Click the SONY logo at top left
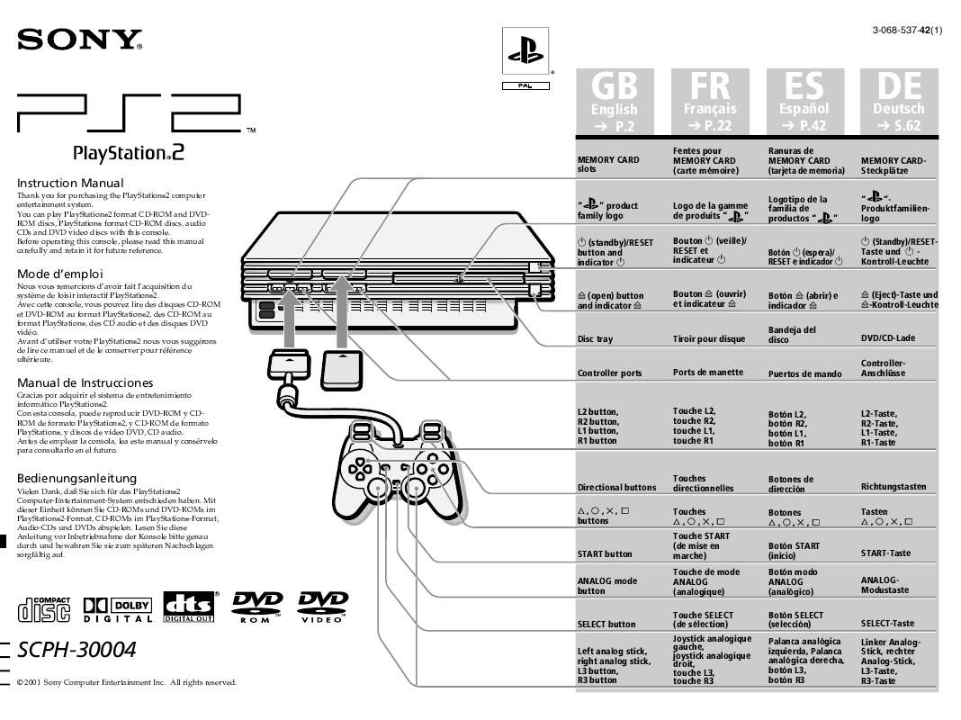pyautogui.click(x=80, y=40)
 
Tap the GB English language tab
pyautogui.click(x=614, y=102)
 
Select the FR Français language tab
pyautogui.click(x=709, y=102)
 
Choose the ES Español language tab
pyautogui.click(x=804, y=102)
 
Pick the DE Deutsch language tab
pyautogui.click(x=898, y=102)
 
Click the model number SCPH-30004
pyautogui.click(x=77, y=651)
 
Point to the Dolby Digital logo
pyautogui.click(x=118, y=609)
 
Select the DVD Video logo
pyautogui.click(x=322, y=608)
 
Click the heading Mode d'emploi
pyautogui.click(x=60, y=274)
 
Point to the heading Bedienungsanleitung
pyautogui.click(x=77, y=478)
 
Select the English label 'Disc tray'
pyautogui.click(x=595, y=339)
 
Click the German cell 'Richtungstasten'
pyautogui.click(x=893, y=487)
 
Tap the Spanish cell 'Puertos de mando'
pyautogui.click(x=804, y=373)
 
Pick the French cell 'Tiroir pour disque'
pyautogui.click(x=709, y=339)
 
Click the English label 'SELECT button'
pyautogui.click(x=606, y=624)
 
